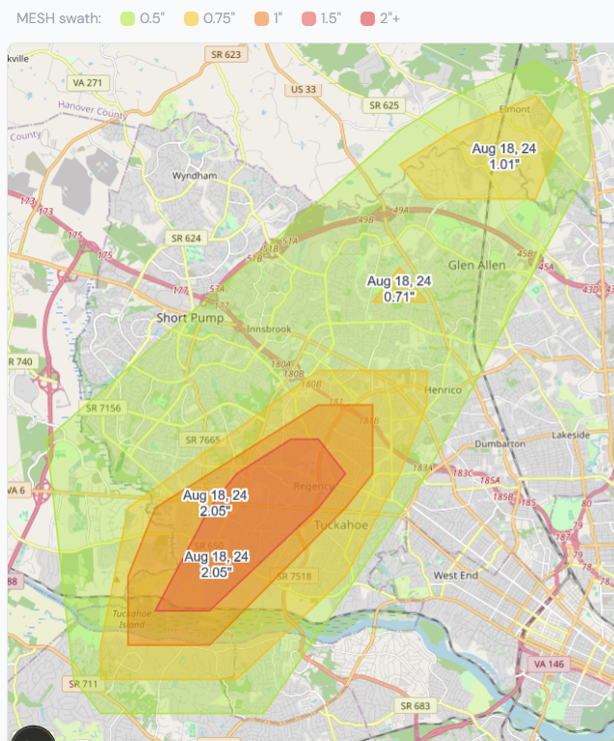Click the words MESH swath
(x=59, y=19)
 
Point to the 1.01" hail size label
(x=504, y=164)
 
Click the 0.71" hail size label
(x=399, y=296)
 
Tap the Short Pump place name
(x=190, y=318)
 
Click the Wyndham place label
(x=194, y=177)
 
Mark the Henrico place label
(x=443, y=389)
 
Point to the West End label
(x=456, y=575)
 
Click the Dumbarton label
(x=499, y=444)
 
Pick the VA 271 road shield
(x=87, y=84)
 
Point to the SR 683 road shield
(x=415, y=706)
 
